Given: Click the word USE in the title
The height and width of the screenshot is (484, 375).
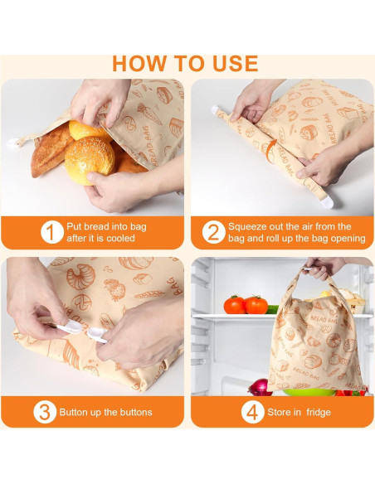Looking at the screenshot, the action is point(235,64).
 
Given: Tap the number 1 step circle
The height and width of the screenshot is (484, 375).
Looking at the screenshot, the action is point(52,232).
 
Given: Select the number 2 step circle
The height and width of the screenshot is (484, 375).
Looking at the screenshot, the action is point(214,232).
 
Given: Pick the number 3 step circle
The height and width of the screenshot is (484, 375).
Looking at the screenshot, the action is point(45,412).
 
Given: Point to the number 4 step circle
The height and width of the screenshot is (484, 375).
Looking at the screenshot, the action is point(253,412).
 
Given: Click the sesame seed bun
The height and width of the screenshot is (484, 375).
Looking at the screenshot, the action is point(90,160).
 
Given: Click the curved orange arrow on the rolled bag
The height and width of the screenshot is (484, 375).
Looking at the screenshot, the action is point(270,151).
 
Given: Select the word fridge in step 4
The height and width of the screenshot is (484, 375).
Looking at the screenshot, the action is point(319,413).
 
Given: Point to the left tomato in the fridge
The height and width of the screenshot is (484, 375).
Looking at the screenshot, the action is point(235,305).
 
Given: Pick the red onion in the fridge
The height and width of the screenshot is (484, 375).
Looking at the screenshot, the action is point(260,388).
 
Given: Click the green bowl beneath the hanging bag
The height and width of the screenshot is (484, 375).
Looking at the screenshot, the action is point(309,392).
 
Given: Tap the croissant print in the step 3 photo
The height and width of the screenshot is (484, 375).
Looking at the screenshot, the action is point(81,277).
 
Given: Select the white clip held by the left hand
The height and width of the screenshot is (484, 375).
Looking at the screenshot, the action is point(71,327).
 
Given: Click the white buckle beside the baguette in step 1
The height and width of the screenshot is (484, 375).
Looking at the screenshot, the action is point(12,143).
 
